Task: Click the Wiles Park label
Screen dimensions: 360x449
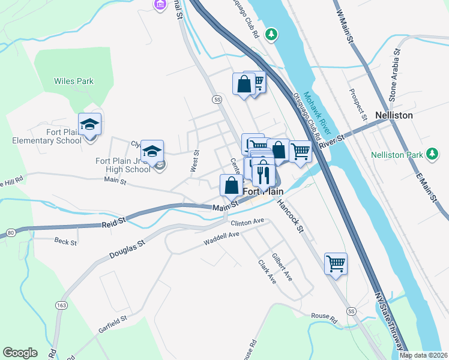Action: (x=74, y=81)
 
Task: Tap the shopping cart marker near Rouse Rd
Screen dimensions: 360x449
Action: (x=336, y=263)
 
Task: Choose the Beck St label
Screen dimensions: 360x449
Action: (x=65, y=242)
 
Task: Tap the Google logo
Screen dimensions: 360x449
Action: (x=20, y=353)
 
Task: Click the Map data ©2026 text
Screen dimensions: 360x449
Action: (x=423, y=355)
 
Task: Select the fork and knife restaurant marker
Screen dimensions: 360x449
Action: (x=263, y=175)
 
